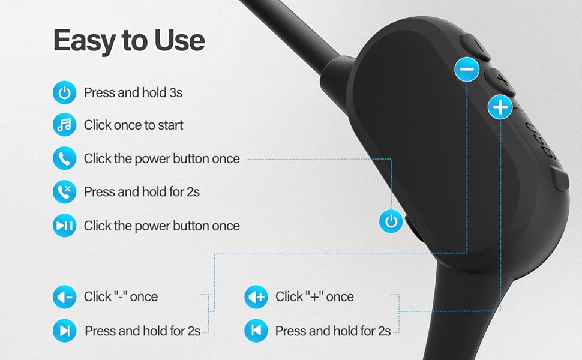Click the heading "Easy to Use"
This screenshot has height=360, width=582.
coord(129,40)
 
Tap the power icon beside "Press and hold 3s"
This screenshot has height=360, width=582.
coord(64,93)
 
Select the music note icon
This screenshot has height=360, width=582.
coord(64,125)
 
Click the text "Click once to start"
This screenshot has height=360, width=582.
coord(133,125)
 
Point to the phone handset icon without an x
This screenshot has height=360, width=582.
coord(64,159)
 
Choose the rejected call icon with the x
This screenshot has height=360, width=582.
coord(64,192)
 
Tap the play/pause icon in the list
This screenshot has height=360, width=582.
coord(64,226)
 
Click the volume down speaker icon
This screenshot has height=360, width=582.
coord(64,296)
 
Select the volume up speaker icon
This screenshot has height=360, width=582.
coord(256,296)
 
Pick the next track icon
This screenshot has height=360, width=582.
coord(64,331)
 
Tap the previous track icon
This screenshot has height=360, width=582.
coord(256,331)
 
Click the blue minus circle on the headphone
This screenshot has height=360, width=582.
coord(466,69)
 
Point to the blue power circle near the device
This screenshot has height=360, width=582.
coord(391,221)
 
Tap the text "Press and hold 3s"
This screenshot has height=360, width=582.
coord(133,93)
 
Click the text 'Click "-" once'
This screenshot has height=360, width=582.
coord(121,296)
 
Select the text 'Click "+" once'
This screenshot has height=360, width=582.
coord(314,296)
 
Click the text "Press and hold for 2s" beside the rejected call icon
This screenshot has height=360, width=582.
coord(142,192)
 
